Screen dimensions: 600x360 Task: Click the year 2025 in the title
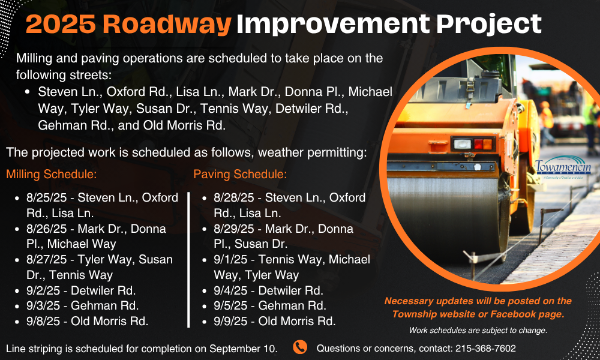point(61,24)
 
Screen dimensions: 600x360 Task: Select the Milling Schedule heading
point(51,175)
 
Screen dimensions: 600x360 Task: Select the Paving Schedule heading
point(240,175)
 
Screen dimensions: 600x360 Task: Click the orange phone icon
point(300,347)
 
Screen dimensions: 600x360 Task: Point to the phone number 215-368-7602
point(485,349)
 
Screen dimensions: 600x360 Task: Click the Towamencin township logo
point(563,167)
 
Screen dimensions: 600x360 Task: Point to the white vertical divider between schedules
point(188,260)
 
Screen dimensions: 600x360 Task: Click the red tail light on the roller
point(478,144)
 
